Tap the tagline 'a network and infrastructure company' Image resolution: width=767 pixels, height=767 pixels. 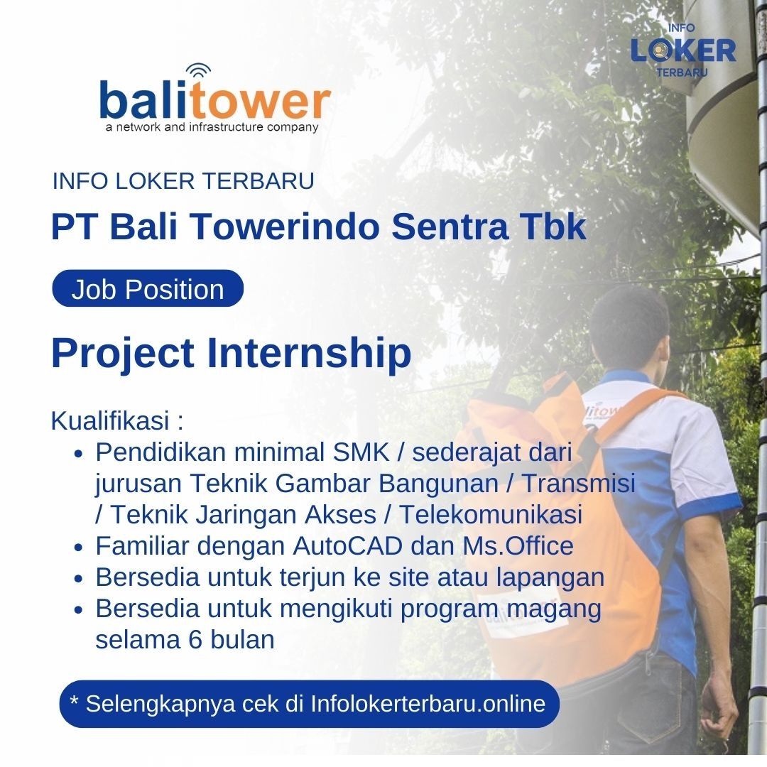pos(212,128)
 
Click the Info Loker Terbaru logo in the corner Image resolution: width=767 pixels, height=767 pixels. pos(683,50)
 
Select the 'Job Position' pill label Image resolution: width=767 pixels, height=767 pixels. pos(148,289)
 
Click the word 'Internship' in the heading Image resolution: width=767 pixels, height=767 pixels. pos(309,353)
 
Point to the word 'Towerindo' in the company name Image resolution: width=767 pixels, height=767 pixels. pos(285,227)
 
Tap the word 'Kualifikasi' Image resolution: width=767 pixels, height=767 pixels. pos(110,420)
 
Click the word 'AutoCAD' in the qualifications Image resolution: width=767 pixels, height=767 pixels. pos(348,546)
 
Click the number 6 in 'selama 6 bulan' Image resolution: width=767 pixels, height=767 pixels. pos(195,640)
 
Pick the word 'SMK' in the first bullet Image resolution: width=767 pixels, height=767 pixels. pos(361,452)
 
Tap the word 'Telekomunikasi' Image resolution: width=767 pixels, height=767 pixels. pos(491,515)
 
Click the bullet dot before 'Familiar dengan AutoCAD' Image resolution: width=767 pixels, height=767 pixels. pos(79,548)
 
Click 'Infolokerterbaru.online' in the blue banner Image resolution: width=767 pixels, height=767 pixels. pos(428,704)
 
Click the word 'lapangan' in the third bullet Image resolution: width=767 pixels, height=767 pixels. pos(550,578)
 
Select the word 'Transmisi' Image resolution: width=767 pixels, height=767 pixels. pos(580,484)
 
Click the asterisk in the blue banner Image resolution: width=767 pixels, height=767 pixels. pos(75,700)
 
